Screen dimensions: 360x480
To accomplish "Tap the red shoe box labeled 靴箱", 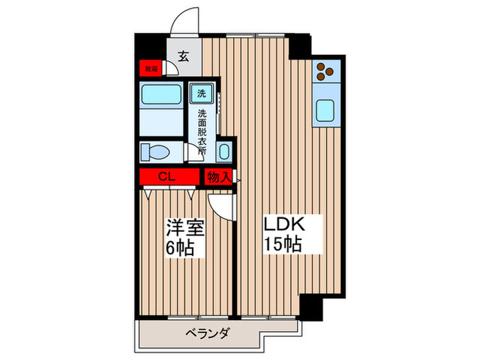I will click(149, 69).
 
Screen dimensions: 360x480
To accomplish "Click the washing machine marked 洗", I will click(202, 93).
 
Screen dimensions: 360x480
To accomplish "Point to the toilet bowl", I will click(155, 151).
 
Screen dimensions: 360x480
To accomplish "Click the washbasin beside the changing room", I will click(224, 152).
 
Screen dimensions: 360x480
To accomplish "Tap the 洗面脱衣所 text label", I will click(202, 130).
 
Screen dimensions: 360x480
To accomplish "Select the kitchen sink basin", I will click(324, 110).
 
